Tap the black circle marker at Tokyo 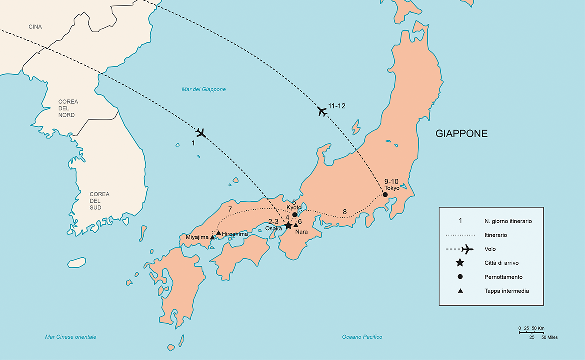[x=385, y=195]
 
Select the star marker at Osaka [x=288, y=225]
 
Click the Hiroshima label [x=235, y=234]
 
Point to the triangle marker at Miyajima [x=212, y=237]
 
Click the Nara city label [x=301, y=232]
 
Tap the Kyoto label [x=294, y=207]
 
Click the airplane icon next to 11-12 [x=322, y=112]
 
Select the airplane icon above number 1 [x=201, y=133]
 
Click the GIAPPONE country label [x=461, y=134]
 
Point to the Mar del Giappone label [x=204, y=89]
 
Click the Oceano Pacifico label [x=362, y=337]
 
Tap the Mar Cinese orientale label [x=70, y=337]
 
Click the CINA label [x=35, y=27]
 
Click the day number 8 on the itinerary [x=344, y=212]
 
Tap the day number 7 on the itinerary [x=230, y=209]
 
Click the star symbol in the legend [x=460, y=263]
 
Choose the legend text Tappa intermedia [x=506, y=291]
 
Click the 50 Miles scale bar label [x=548, y=337]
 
